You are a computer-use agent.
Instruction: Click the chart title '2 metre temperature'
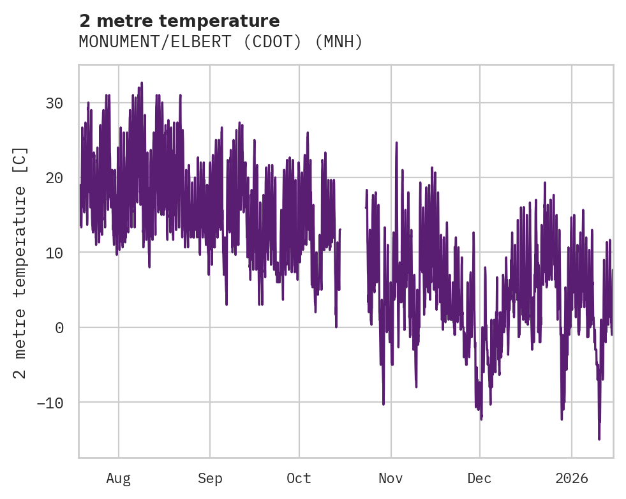[x=179, y=21]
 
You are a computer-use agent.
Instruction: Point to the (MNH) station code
[x=339, y=42]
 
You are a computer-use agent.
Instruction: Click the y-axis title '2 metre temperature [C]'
[x=21, y=262]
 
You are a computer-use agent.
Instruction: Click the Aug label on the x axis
[x=119, y=478]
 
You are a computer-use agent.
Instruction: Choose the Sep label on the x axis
[x=210, y=478]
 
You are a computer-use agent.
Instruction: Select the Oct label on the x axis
[x=299, y=478]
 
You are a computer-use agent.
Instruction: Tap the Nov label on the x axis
[x=391, y=478]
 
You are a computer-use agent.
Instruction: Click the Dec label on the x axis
[x=479, y=478]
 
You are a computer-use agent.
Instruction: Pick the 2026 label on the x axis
[x=571, y=478]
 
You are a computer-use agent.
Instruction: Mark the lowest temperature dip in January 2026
[x=599, y=438]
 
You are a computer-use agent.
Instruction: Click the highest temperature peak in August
[x=142, y=83]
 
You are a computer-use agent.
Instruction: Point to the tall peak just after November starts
[x=396, y=142]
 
